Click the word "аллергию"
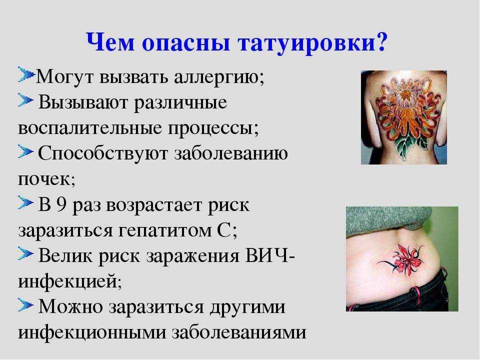pos(219,77)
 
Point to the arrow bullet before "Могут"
pos(25,74)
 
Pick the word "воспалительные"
pos(90,127)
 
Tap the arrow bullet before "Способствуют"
pos(25,151)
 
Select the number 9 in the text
pos(61,204)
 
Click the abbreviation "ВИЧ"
pos(267,255)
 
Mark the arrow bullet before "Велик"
pos(25,253)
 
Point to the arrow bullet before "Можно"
pos(25,304)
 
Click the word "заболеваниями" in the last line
pos(239,332)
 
